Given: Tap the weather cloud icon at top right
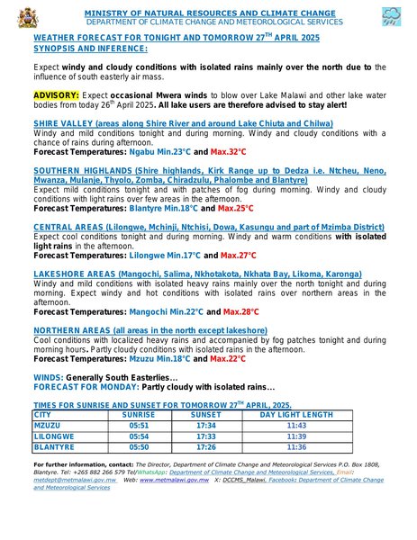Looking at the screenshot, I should (x=391, y=15).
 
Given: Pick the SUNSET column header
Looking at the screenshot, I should (x=205, y=415).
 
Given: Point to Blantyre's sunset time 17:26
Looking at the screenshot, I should (x=205, y=446).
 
